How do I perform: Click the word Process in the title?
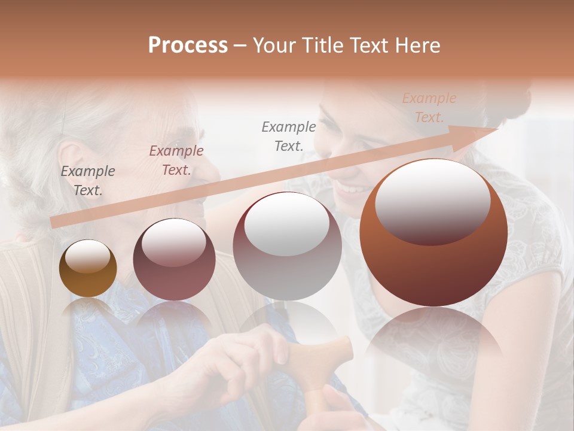(188, 45)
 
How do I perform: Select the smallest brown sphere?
(88, 269)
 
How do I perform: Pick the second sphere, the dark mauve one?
(174, 259)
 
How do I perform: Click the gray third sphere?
(287, 246)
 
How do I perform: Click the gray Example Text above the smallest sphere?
(88, 180)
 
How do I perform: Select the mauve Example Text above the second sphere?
(176, 160)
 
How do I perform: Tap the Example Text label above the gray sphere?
(289, 136)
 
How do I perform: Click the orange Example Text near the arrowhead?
(429, 108)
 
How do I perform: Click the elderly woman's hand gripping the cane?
(251, 353)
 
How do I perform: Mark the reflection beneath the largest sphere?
(433, 341)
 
